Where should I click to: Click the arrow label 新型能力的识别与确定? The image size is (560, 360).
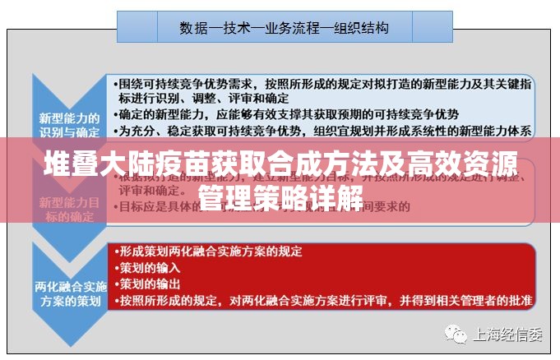click(70, 124)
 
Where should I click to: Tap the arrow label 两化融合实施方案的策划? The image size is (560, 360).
click(71, 293)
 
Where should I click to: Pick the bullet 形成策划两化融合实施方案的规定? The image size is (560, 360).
click(210, 251)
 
